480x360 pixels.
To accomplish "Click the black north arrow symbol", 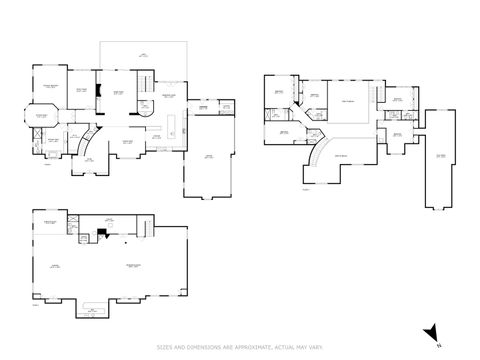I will point(429,333).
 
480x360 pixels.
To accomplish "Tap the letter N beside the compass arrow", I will point(439,345).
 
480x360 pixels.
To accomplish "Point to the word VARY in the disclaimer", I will point(314,348).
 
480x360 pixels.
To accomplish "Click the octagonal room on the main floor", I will point(43,119).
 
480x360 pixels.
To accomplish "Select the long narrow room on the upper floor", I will point(440,160).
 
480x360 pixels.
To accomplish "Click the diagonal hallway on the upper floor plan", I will point(318,125).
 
